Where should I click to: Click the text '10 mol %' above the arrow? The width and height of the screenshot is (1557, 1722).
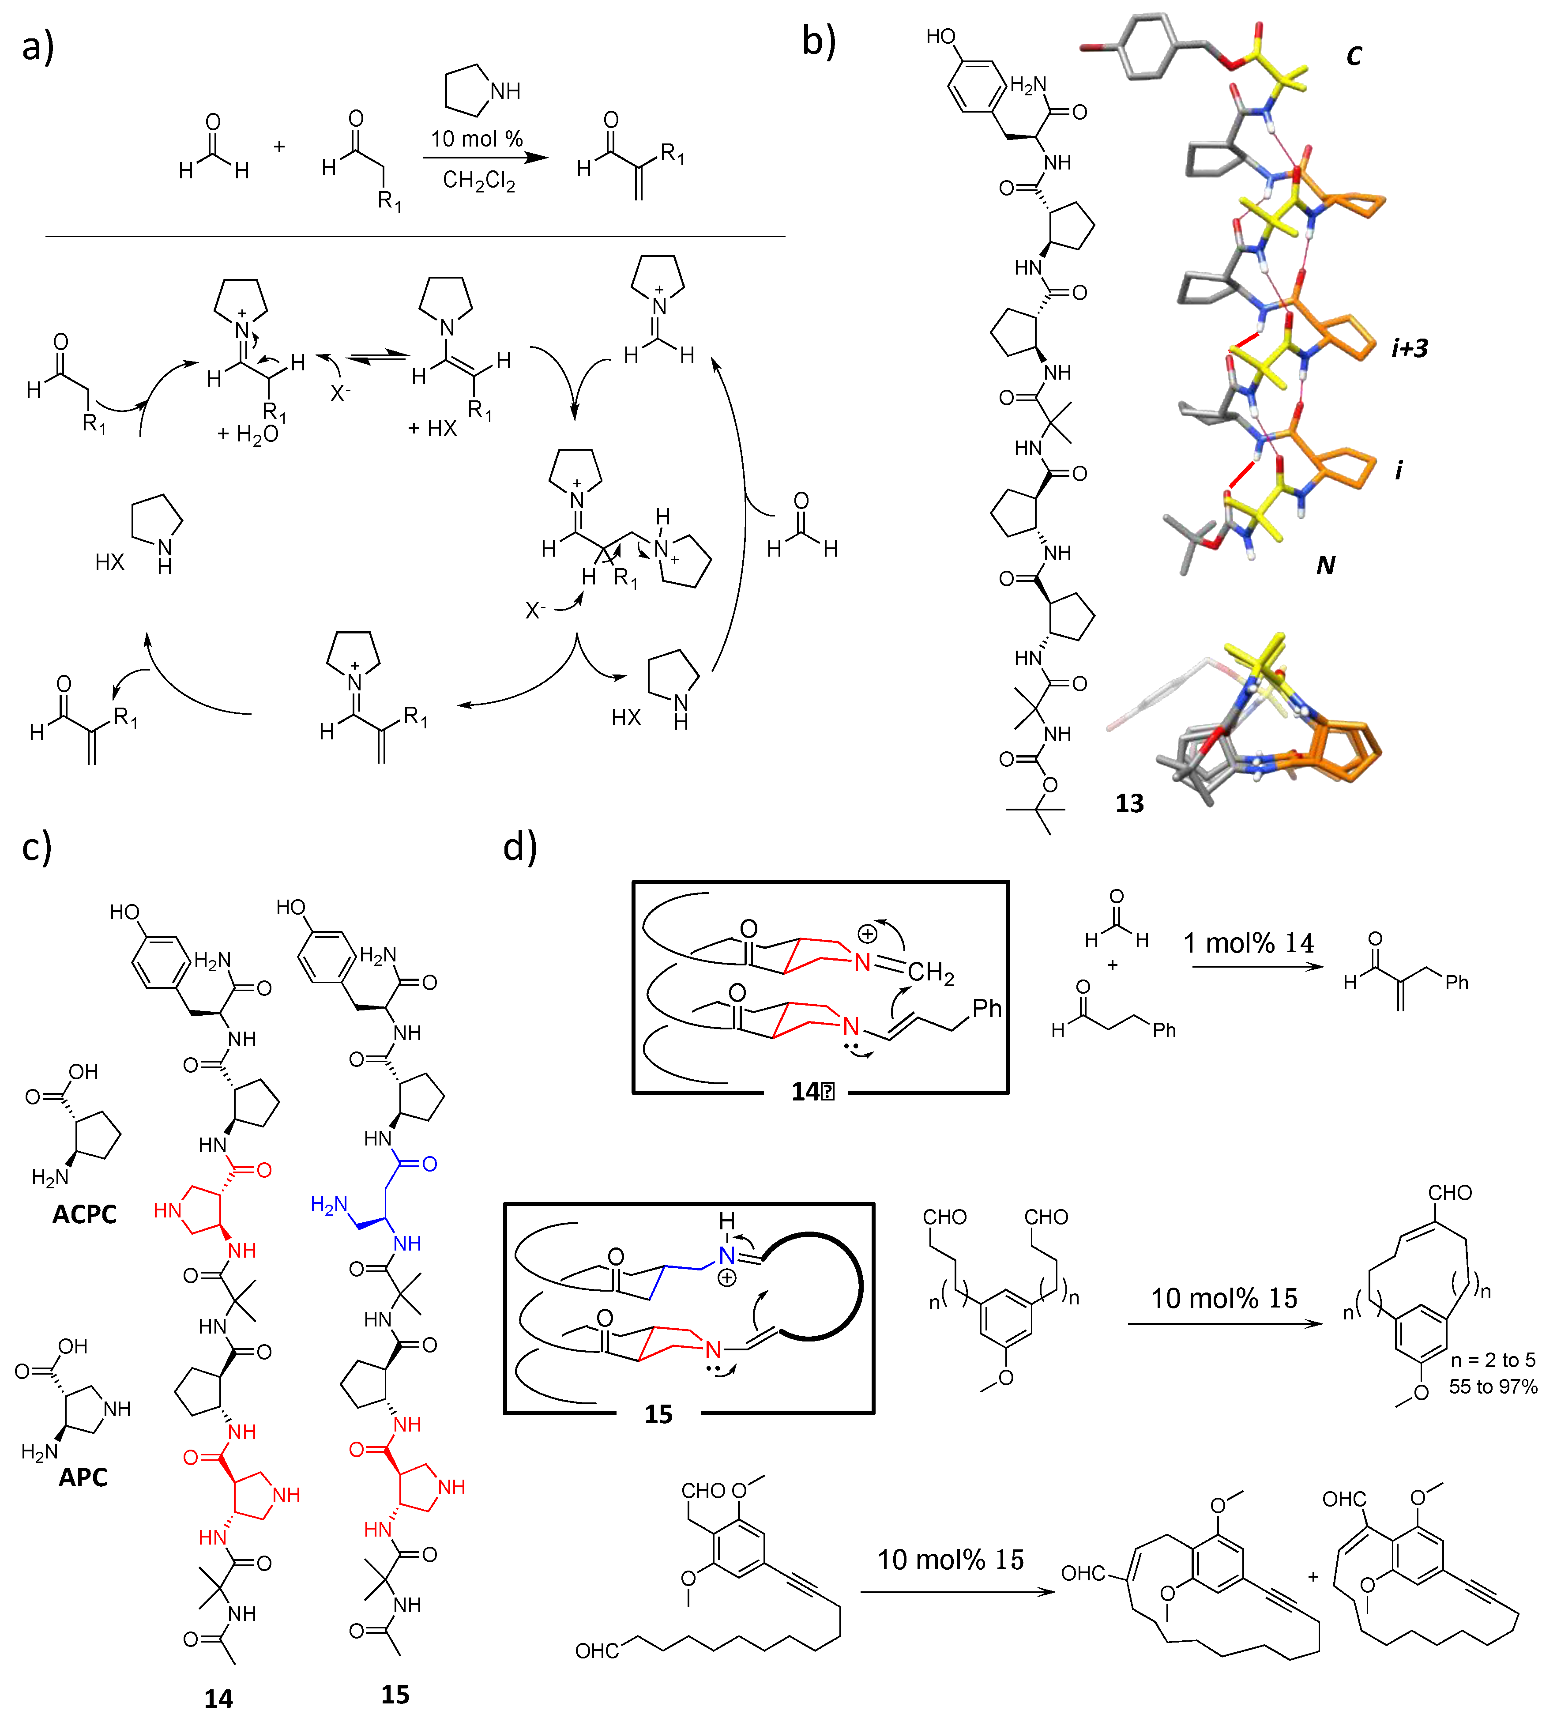[477, 139]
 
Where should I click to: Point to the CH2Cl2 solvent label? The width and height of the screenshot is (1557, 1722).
[478, 180]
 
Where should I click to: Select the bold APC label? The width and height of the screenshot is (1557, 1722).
[83, 1477]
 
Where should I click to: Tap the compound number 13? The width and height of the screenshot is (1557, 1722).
[1129, 803]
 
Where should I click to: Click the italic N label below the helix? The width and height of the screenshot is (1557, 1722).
[1325, 565]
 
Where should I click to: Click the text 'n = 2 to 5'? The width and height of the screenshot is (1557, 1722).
[1492, 1360]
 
